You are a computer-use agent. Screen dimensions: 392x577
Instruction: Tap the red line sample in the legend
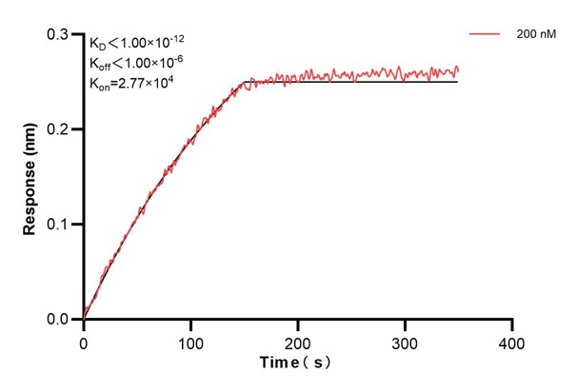(x=486, y=33)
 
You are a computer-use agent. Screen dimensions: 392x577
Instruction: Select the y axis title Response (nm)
(x=30, y=177)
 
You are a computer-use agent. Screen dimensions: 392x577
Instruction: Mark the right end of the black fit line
(x=458, y=82)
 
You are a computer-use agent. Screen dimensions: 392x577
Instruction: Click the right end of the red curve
(x=458, y=69)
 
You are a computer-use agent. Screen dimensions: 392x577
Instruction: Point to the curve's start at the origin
(x=84, y=319)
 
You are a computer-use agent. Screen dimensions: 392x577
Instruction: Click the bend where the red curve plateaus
(x=244, y=83)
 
